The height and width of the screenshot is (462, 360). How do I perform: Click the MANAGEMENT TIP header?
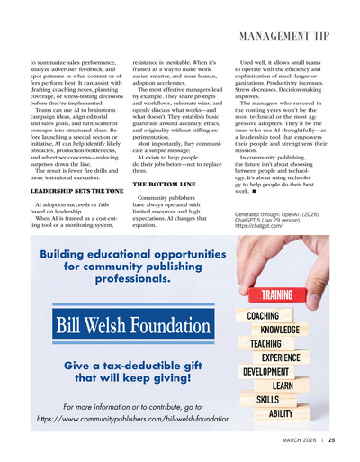pos(284,36)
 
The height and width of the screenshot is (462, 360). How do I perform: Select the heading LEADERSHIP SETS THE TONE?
pos(77,192)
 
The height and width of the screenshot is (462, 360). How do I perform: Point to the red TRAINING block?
pos(276,295)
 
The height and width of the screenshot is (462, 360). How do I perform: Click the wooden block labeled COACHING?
pos(263,316)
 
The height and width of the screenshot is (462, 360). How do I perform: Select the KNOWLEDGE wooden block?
pos(280,330)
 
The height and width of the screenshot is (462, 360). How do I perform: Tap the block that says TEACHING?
pos(265,343)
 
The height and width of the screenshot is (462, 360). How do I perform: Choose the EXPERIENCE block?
pos(281,358)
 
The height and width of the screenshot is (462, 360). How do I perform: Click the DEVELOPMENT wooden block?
pos(265,371)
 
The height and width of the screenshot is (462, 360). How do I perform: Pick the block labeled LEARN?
pos(282,385)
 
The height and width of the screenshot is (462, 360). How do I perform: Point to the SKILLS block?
pos(268,399)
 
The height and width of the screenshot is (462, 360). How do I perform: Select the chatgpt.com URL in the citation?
pos(258,225)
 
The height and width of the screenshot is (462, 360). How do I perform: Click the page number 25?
pos(331,440)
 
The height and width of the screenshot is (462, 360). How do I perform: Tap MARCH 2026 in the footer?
pos(300,440)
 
